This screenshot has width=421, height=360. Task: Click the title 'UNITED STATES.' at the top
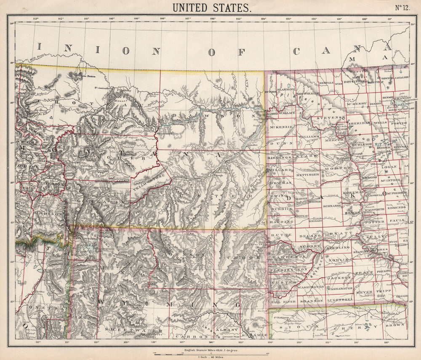211,7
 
